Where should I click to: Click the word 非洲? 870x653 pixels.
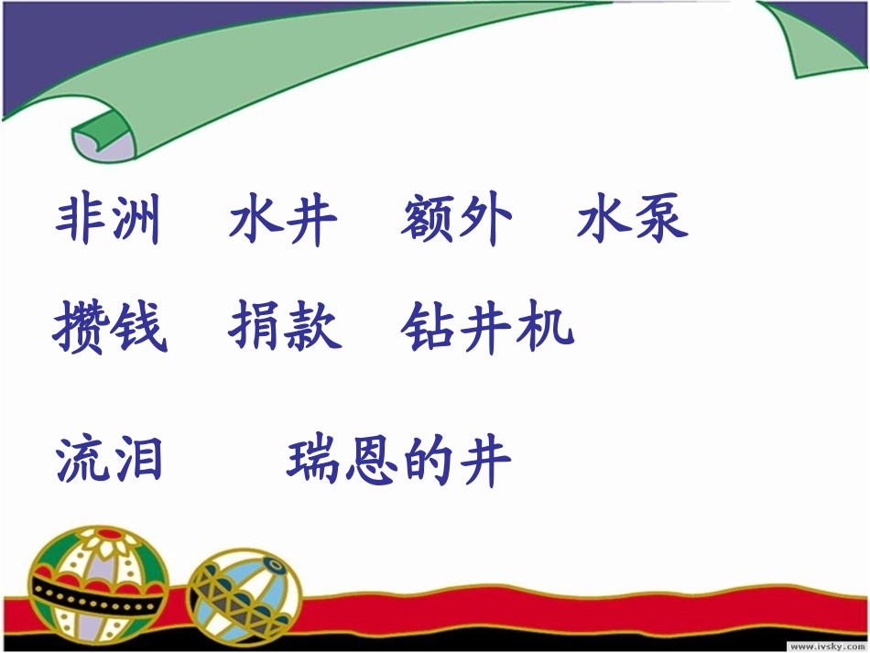pos(108,221)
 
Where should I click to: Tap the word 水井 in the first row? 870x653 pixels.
pos(283,221)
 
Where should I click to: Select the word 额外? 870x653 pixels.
pos(456,221)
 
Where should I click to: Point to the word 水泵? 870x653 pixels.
pos(632,221)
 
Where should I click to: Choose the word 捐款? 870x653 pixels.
pos(284,327)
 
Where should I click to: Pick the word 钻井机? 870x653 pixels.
pos(487,327)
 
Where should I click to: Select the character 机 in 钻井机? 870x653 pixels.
pos(546,327)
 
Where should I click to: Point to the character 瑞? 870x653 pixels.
pos(314,460)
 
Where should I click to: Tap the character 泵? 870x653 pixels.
pos(660,221)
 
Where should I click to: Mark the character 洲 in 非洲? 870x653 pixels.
pos(136,221)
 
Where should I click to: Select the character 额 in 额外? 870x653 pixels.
pos(428,221)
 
